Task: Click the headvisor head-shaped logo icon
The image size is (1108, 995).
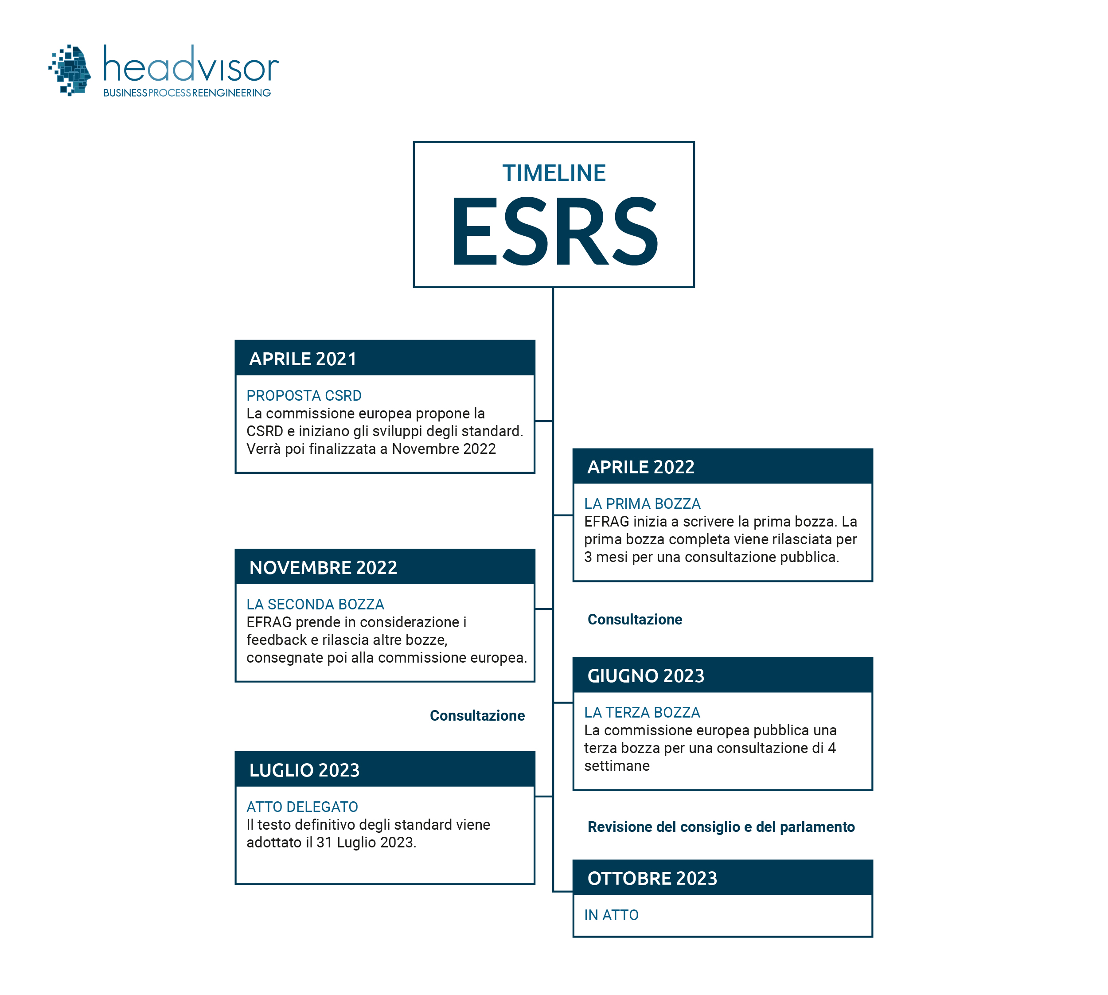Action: (x=70, y=70)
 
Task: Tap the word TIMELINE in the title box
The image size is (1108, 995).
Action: (x=554, y=173)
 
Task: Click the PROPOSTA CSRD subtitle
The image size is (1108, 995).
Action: (x=304, y=395)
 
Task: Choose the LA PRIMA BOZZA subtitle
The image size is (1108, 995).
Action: (x=642, y=503)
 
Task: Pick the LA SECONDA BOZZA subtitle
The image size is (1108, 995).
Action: (x=316, y=604)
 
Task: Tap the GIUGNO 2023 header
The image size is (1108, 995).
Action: (x=646, y=676)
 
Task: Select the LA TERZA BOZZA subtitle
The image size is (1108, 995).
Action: (x=642, y=712)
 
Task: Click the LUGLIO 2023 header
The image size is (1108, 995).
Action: (x=304, y=770)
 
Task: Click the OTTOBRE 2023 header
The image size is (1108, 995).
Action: (x=652, y=878)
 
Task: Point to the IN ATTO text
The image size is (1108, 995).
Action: (x=611, y=915)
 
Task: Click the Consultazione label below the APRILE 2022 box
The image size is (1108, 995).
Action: (x=635, y=620)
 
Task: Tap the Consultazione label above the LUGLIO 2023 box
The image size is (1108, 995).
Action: (x=477, y=716)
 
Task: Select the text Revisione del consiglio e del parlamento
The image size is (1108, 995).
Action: (x=721, y=827)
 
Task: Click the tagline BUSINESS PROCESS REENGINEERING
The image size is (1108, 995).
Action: (x=187, y=93)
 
